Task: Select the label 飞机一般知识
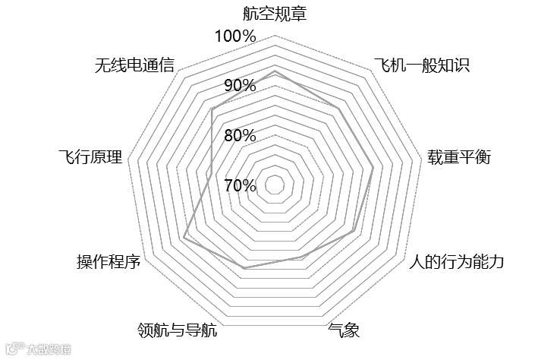click(x=422, y=65)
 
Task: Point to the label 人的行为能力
click(x=456, y=263)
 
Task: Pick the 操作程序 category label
click(x=109, y=263)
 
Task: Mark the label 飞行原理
click(x=90, y=158)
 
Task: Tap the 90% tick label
click(x=239, y=86)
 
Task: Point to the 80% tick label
click(x=239, y=136)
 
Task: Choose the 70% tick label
click(x=239, y=185)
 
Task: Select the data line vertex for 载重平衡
click(x=373, y=167)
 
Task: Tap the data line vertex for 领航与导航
click(x=244, y=268)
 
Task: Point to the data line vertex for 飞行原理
click(x=207, y=173)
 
